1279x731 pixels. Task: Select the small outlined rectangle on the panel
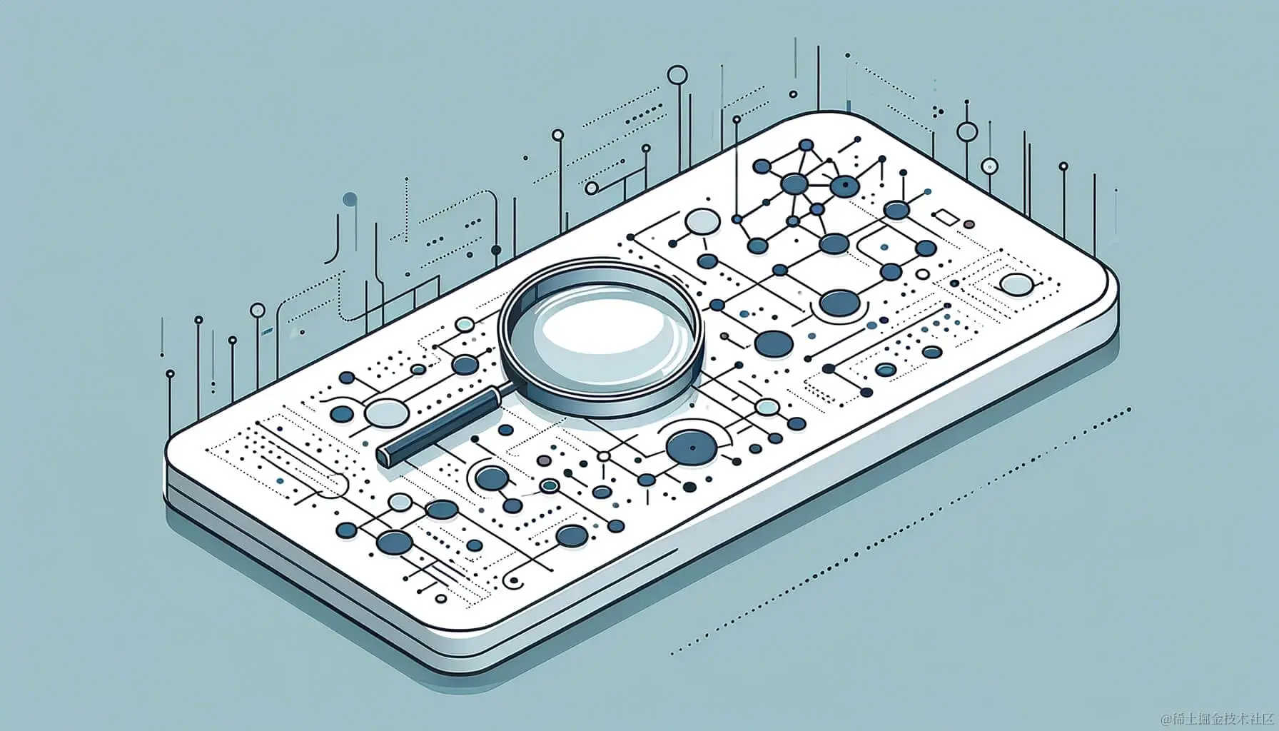(x=947, y=218)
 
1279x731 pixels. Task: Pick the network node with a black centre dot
(x=845, y=187)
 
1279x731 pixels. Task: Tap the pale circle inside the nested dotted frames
(x=1016, y=285)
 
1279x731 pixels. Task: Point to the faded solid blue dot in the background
(x=350, y=199)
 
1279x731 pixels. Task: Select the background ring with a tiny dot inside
(x=989, y=166)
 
